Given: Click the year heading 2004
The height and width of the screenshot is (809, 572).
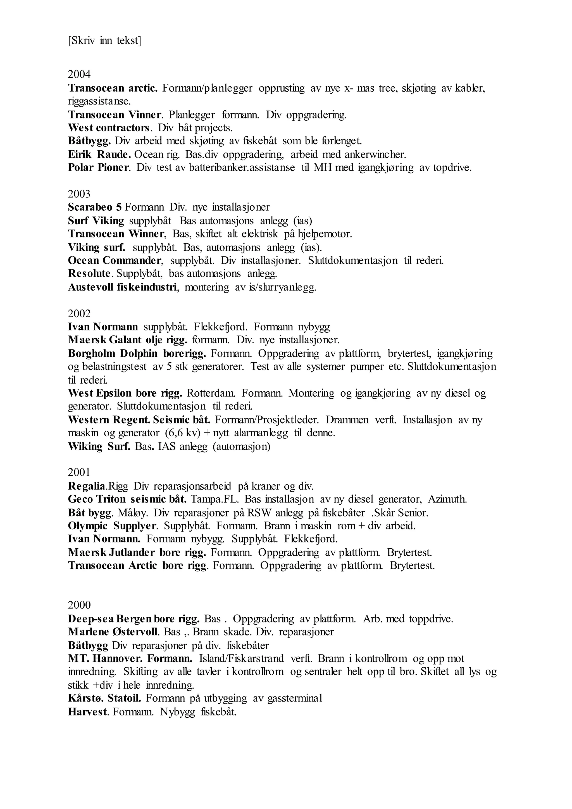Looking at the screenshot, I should click(79, 74).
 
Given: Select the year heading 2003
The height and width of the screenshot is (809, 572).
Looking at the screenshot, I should click(79, 194).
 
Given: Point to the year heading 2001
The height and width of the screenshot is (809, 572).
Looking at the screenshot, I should click(79, 472).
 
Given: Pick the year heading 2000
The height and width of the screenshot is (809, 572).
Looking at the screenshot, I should click(79, 605).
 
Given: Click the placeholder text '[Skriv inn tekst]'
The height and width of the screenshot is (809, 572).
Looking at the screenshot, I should click(104, 41).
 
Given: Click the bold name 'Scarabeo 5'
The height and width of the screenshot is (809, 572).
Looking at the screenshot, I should click(94, 207).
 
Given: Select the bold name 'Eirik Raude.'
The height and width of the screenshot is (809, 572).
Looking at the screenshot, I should click(99, 154).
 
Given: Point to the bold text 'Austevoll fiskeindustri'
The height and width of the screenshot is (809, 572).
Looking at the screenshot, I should click(122, 287).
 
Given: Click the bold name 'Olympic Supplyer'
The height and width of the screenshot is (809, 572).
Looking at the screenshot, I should click(112, 526).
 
